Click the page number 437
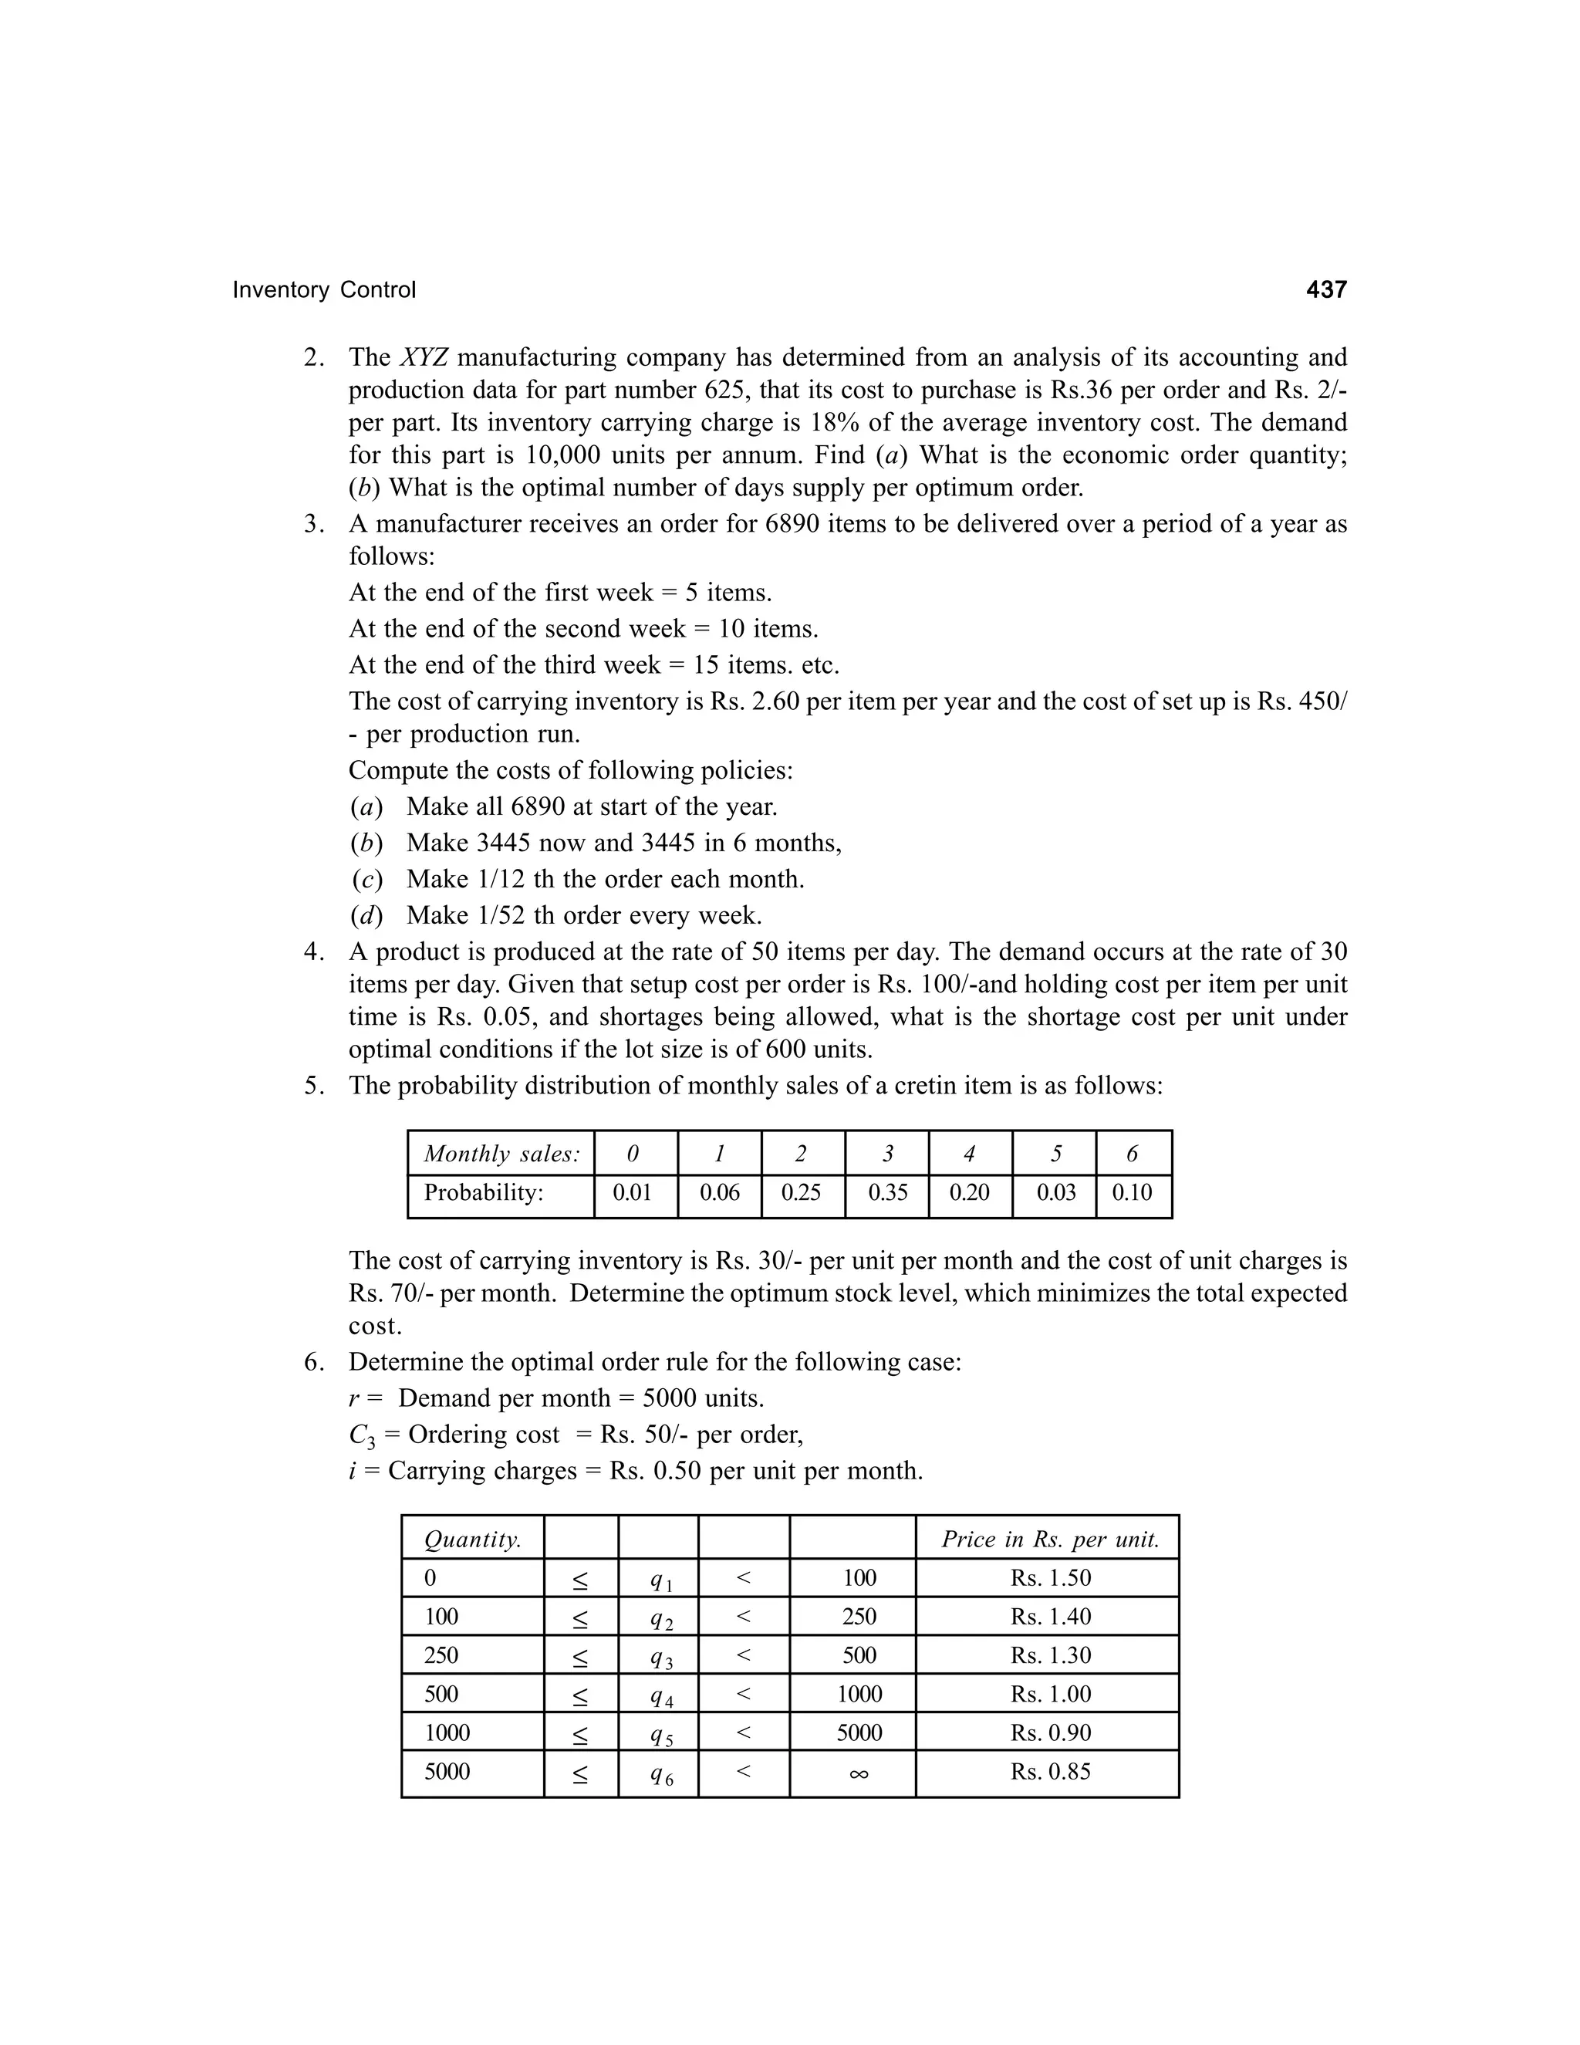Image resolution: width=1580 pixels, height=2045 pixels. pos(1325,289)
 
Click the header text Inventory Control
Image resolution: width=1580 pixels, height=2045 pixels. pos(324,290)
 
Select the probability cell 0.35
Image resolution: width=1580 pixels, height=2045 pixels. pos(887,1192)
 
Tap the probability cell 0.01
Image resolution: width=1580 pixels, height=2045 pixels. pos(632,1192)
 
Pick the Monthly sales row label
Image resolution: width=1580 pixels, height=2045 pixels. pos(501,1154)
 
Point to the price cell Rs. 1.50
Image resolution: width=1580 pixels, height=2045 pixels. pos(1050,1578)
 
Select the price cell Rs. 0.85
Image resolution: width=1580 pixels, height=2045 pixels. pos(1050,1772)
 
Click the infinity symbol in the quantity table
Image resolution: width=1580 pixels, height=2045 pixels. pos(859,1773)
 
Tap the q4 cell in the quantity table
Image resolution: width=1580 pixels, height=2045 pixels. pos(662,1695)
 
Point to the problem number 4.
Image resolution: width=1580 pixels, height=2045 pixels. pos(313,952)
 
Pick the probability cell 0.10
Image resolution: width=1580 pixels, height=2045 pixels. pos(1132,1192)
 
